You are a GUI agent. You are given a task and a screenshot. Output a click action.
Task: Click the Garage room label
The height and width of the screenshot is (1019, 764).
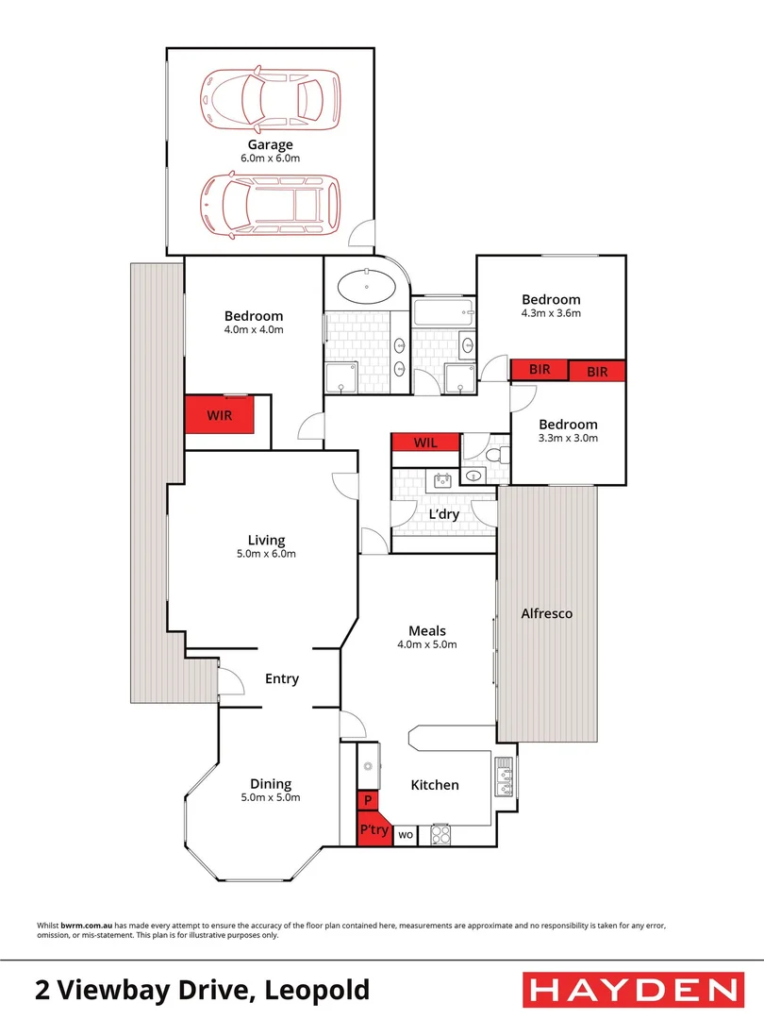click(270, 144)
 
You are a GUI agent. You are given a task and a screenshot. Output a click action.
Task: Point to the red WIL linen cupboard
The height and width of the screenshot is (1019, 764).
click(425, 443)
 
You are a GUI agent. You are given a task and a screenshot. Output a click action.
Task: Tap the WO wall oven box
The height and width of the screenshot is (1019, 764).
click(406, 835)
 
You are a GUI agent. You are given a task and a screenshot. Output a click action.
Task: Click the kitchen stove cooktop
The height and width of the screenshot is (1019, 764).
click(440, 835)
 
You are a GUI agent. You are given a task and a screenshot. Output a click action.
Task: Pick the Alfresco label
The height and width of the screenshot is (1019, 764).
click(547, 613)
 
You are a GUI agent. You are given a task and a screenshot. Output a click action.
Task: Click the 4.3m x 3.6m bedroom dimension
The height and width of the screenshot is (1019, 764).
click(551, 313)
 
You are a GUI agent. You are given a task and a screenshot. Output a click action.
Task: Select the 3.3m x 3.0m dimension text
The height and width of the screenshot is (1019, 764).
click(568, 438)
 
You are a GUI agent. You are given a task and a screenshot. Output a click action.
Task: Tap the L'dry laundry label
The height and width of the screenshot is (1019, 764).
click(443, 515)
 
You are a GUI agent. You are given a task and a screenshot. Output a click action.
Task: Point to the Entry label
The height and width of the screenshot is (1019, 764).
click(281, 678)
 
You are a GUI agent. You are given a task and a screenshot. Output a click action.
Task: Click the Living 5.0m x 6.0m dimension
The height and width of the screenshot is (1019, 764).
click(266, 554)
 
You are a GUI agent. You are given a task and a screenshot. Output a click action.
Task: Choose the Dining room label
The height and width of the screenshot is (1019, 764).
click(271, 783)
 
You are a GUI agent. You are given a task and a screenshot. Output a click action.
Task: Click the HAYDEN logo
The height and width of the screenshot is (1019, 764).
click(630, 990)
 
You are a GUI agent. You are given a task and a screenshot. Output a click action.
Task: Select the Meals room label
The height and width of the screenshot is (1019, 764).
click(426, 630)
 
